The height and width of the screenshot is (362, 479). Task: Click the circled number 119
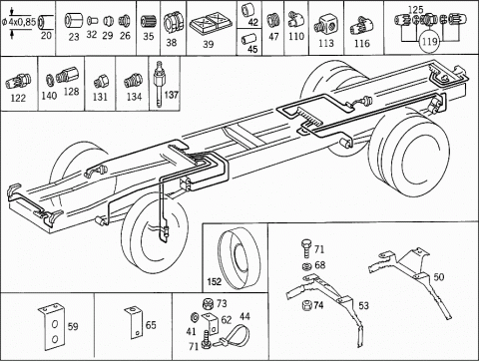pyautogui.click(x=429, y=42)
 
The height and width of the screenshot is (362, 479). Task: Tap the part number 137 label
pyautogui.click(x=171, y=95)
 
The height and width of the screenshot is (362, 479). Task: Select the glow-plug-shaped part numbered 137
pyautogui.click(x=159, y=84)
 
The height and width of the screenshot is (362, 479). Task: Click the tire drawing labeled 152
pyautogui.click(x=239, y=257)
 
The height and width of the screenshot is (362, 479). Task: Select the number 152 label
pyautogui.click(x=214, y=282)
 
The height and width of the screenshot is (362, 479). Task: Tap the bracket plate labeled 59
pyautogui.click(x=52, y=326)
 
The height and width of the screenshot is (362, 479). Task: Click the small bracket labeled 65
pyautogui.click(x=134, y=322)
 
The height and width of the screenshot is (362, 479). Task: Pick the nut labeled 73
pyautogui.click(x=208, y=304)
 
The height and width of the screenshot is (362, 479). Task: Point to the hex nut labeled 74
pyautogui.click(x=307, y=305)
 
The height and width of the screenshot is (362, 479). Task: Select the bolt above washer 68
pyautogui.click(x=306, y=248)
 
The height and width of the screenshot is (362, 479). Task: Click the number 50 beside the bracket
pyautogui.click(x=439, y=277)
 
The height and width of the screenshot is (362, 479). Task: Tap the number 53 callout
pyautogui.click(x=363, y=305)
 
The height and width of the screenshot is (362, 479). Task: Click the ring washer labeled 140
pyautogui.click(x=50, y=79)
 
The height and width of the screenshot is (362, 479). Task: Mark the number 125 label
pyautogui.click(x=415, y=10)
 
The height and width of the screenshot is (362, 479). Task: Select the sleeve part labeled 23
pyautogui.click(x=72, y=21)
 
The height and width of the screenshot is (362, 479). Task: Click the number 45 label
pyautogui.click(x=252, y=49)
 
